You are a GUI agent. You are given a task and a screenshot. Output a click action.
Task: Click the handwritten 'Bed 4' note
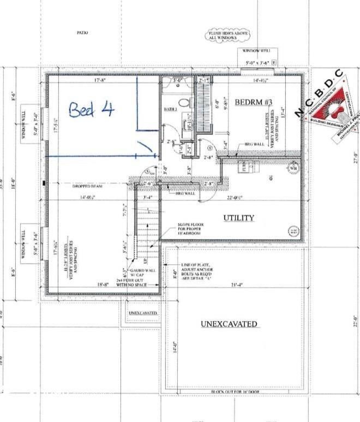point(92,110)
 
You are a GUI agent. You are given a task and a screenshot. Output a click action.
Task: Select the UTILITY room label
point(238,218)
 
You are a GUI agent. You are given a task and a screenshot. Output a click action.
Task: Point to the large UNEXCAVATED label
point(229,324)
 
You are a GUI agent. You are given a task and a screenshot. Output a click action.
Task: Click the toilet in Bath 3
point(184,103)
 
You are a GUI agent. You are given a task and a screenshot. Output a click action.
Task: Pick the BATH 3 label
point(171,110)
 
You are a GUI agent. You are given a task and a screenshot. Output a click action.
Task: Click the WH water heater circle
point(293,168)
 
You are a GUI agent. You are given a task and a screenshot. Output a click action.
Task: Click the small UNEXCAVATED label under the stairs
point(142,313)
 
